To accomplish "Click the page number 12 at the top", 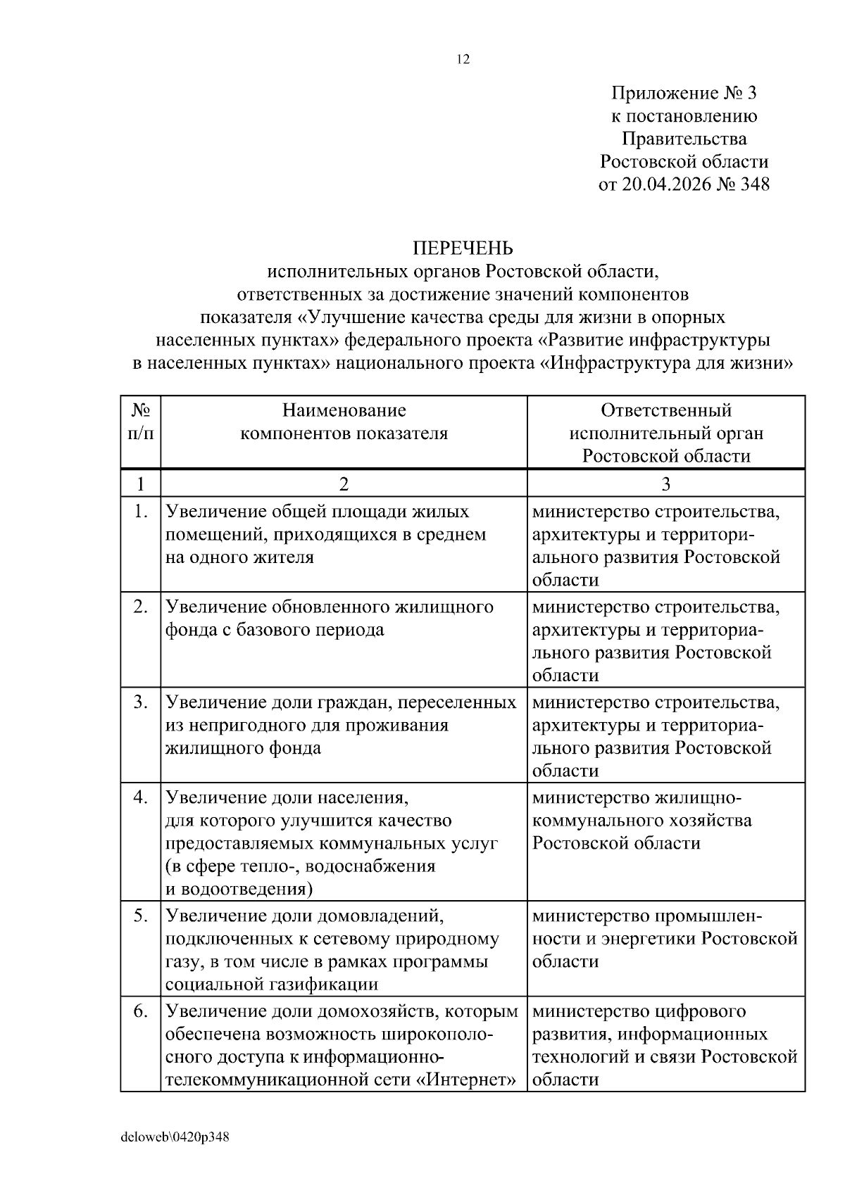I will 463,60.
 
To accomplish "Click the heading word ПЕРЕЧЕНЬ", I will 463,248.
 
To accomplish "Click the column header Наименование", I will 344,410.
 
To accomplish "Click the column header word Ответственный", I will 666,410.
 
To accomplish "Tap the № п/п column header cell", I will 140,422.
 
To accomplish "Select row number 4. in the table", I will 141,797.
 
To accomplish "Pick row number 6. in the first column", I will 141,1011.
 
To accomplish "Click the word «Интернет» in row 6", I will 468,1079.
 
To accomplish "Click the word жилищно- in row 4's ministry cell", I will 699,798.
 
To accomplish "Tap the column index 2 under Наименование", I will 344,484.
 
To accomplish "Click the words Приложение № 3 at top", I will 684,93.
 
